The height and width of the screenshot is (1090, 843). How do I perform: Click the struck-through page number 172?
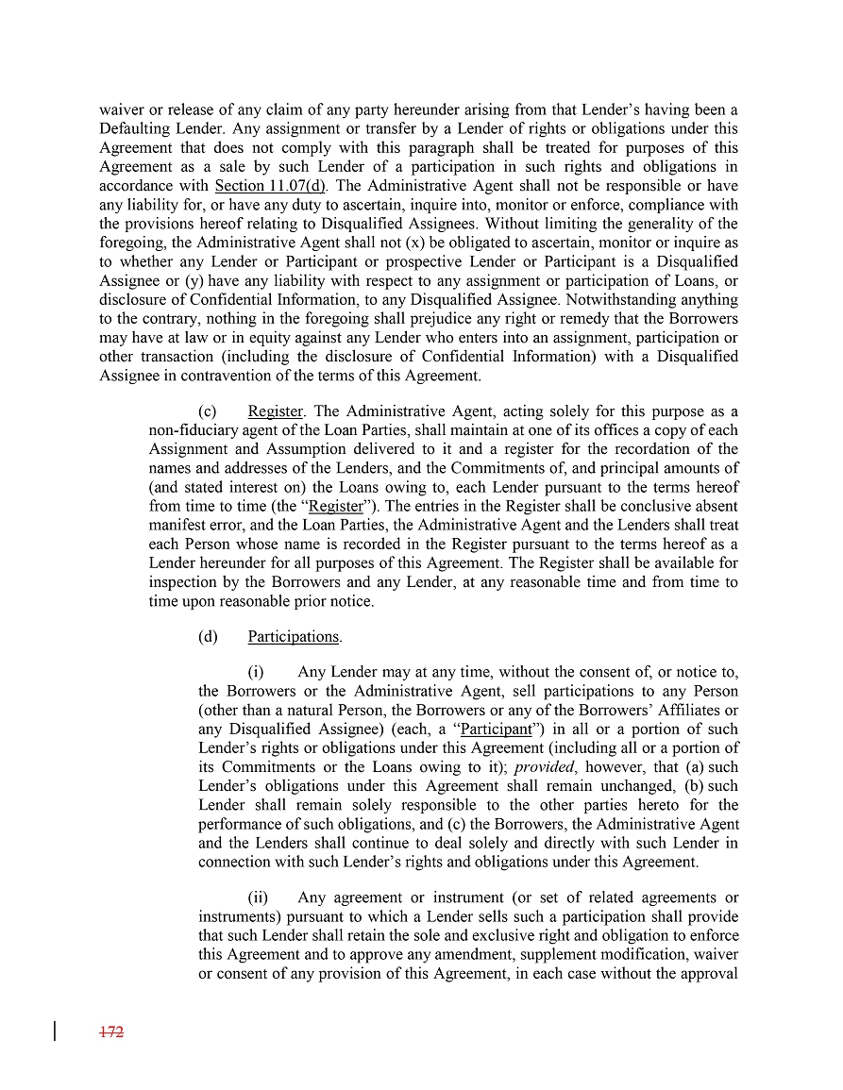click(x=112, y=1032)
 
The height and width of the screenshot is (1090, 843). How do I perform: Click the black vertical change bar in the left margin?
click(x=55, y=1031)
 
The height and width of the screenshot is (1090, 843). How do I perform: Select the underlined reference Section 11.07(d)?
click(x=278, y=186)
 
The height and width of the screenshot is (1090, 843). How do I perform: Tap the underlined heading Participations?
click(x=294, y=637)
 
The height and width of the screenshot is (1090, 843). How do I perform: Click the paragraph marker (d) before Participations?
click(x=208, y=637)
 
